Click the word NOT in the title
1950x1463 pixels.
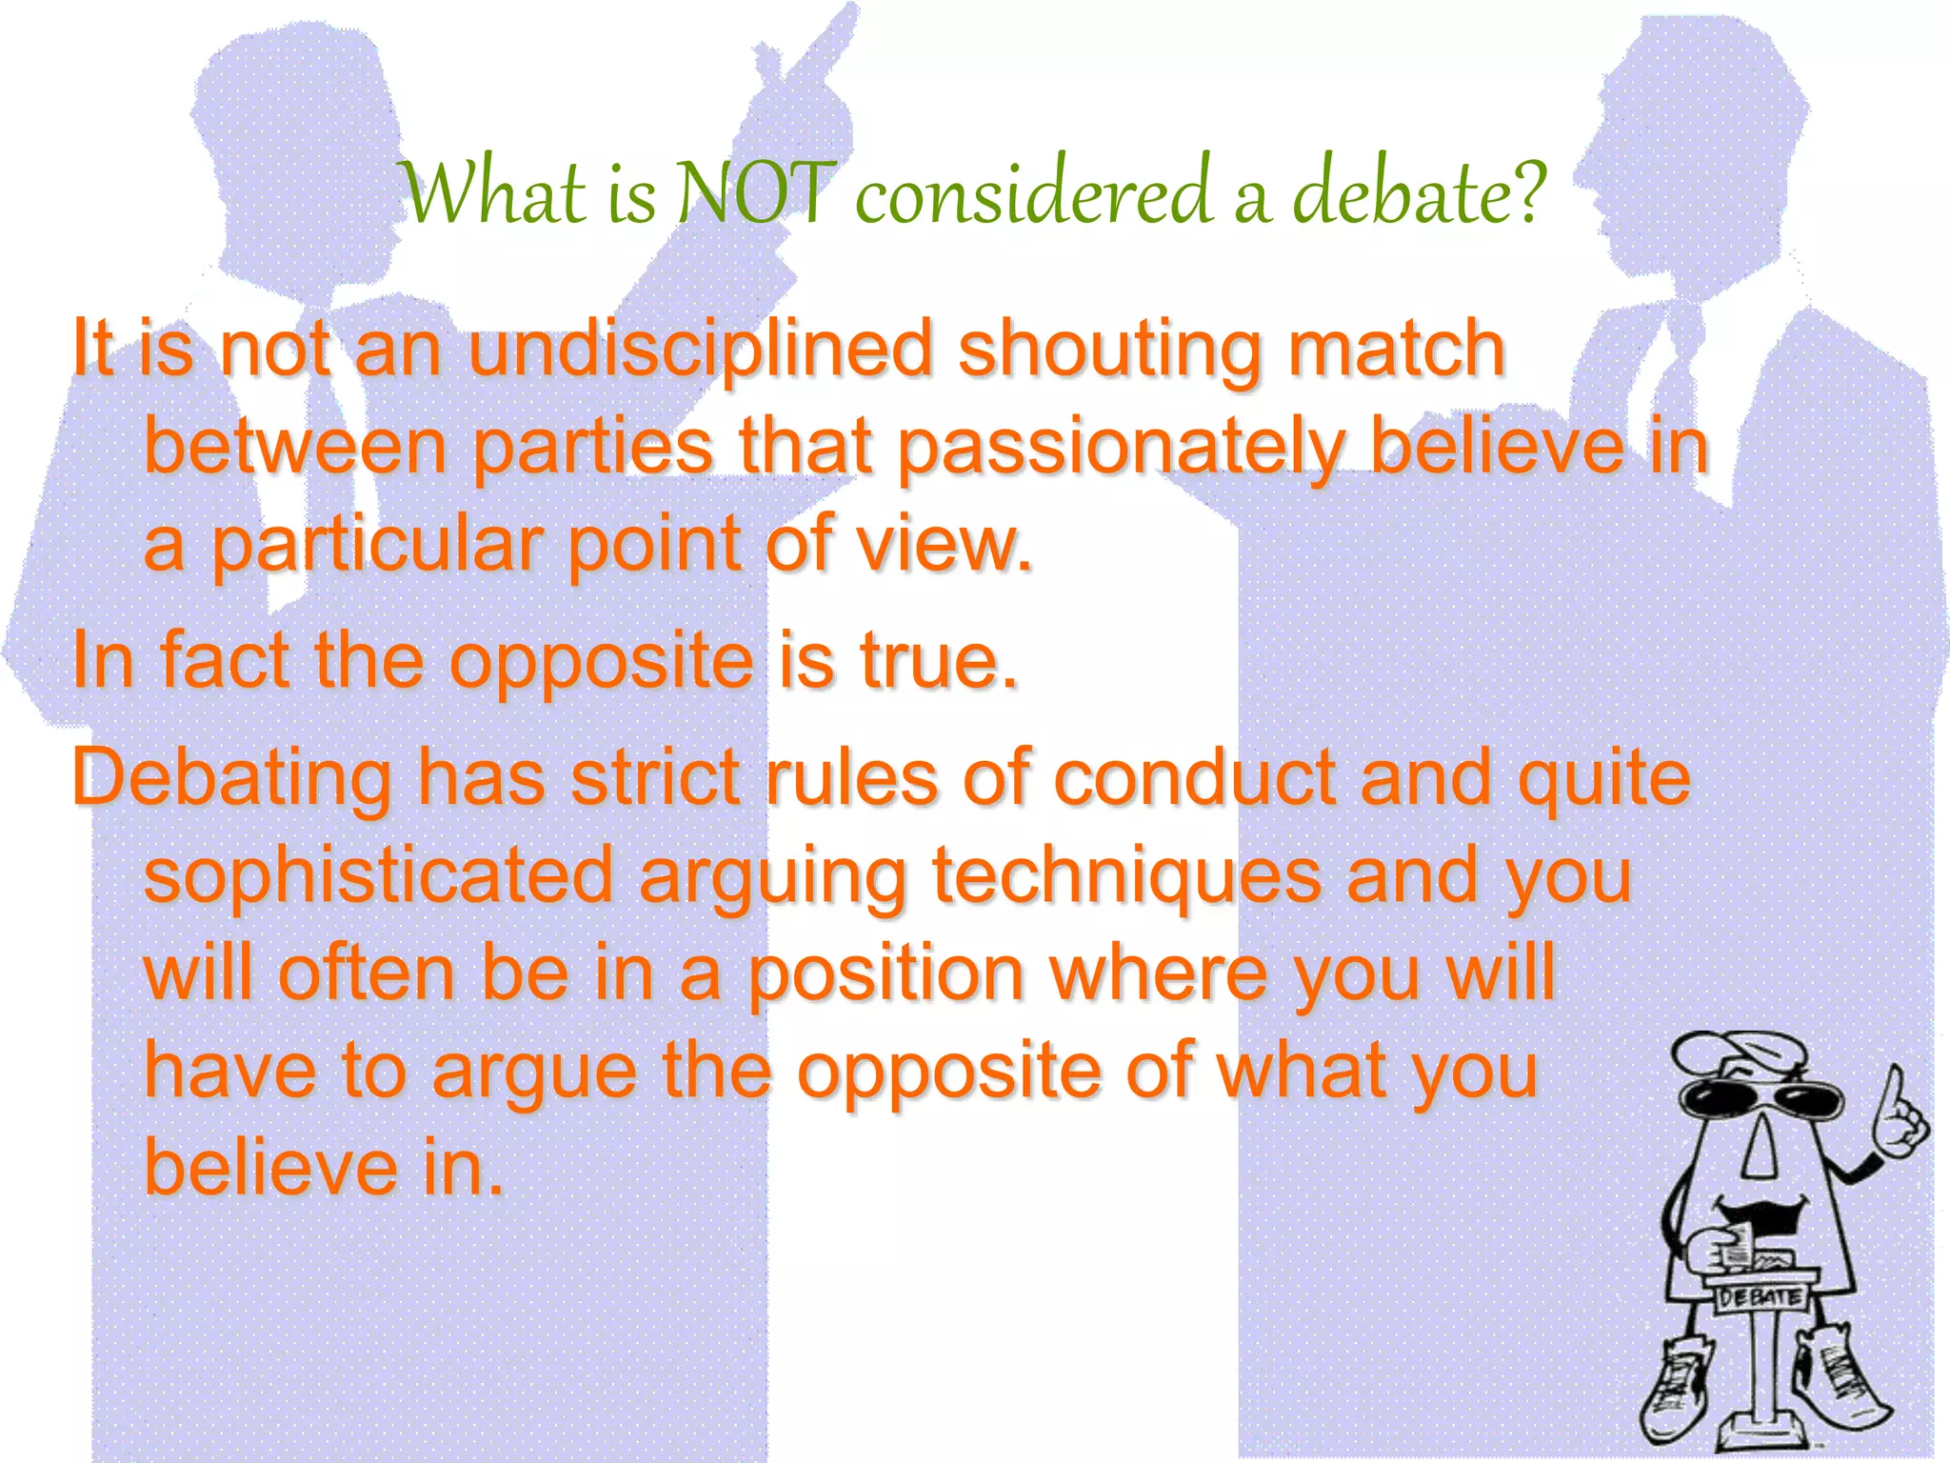coord(753,194)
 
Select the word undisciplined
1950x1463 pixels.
coord(700,350)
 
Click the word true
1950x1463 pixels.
coord(939,661)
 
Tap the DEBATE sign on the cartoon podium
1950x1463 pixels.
coord(1759,1296)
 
